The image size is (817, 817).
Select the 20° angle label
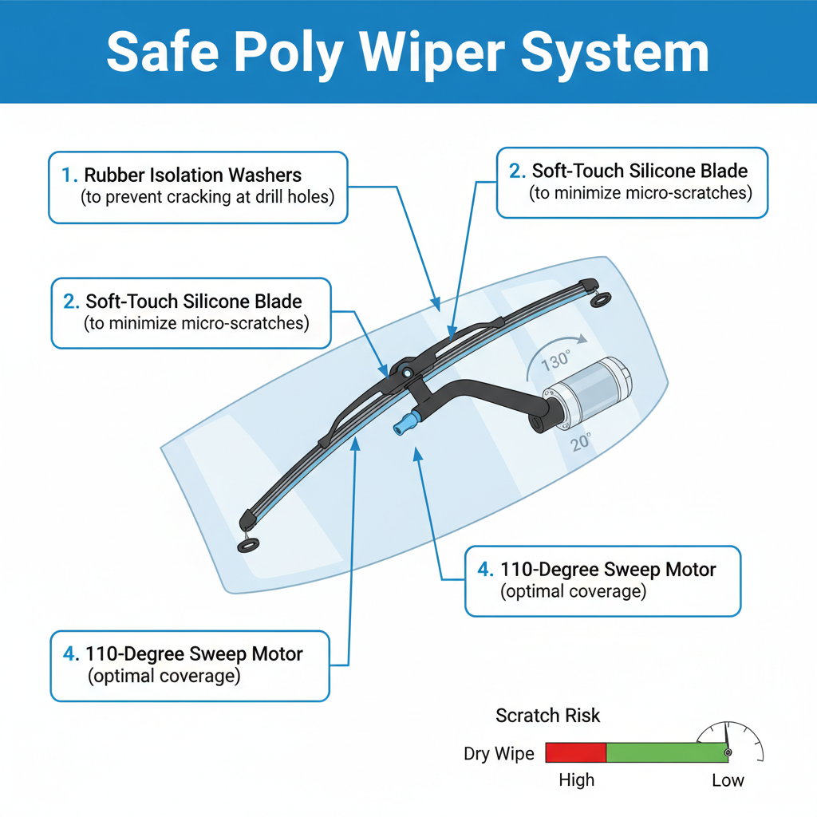581,444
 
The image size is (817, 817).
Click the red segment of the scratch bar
576,752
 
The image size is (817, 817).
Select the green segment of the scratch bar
666,752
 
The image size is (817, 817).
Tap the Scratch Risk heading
548,715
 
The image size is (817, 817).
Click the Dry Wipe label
499,754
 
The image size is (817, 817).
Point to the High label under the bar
576,780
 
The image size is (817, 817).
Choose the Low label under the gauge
728,780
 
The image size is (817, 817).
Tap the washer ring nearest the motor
602,299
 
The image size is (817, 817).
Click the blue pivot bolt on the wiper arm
407,372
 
